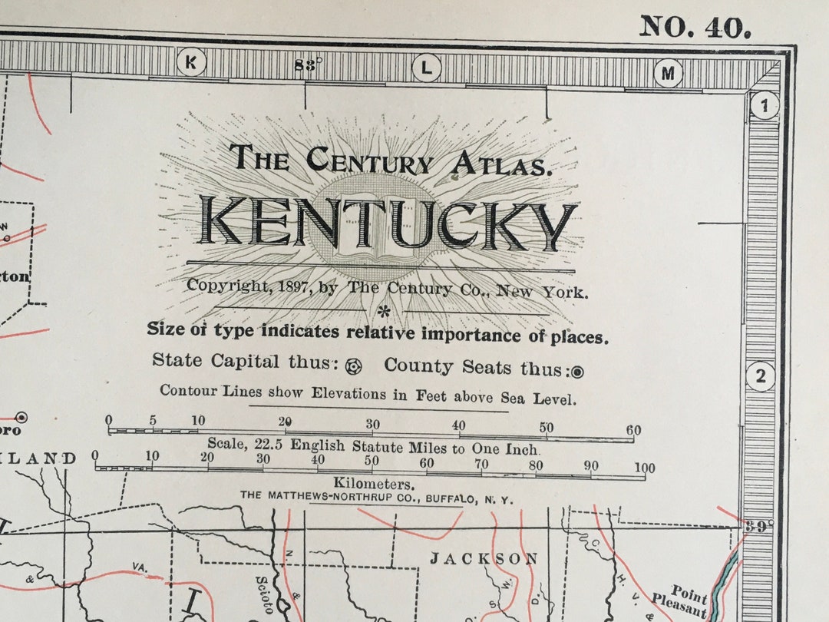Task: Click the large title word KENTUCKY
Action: [387, 223]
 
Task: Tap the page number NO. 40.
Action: [695, 27]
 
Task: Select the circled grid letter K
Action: [191, 63]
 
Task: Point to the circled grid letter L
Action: [426, 68]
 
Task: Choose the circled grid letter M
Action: [668, 73]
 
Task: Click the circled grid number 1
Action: [764, 105]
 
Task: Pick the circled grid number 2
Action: [761, 376]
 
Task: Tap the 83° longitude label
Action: [308, 65]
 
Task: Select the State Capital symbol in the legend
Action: [353, 366]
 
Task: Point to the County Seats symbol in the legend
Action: [577, 372]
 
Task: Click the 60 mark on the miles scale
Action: [633, 431]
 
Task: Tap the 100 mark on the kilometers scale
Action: [644, 468]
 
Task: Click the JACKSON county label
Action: [483, 558]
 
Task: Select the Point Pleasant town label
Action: [679, 600]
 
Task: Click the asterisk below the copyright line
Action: [383, 310]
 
